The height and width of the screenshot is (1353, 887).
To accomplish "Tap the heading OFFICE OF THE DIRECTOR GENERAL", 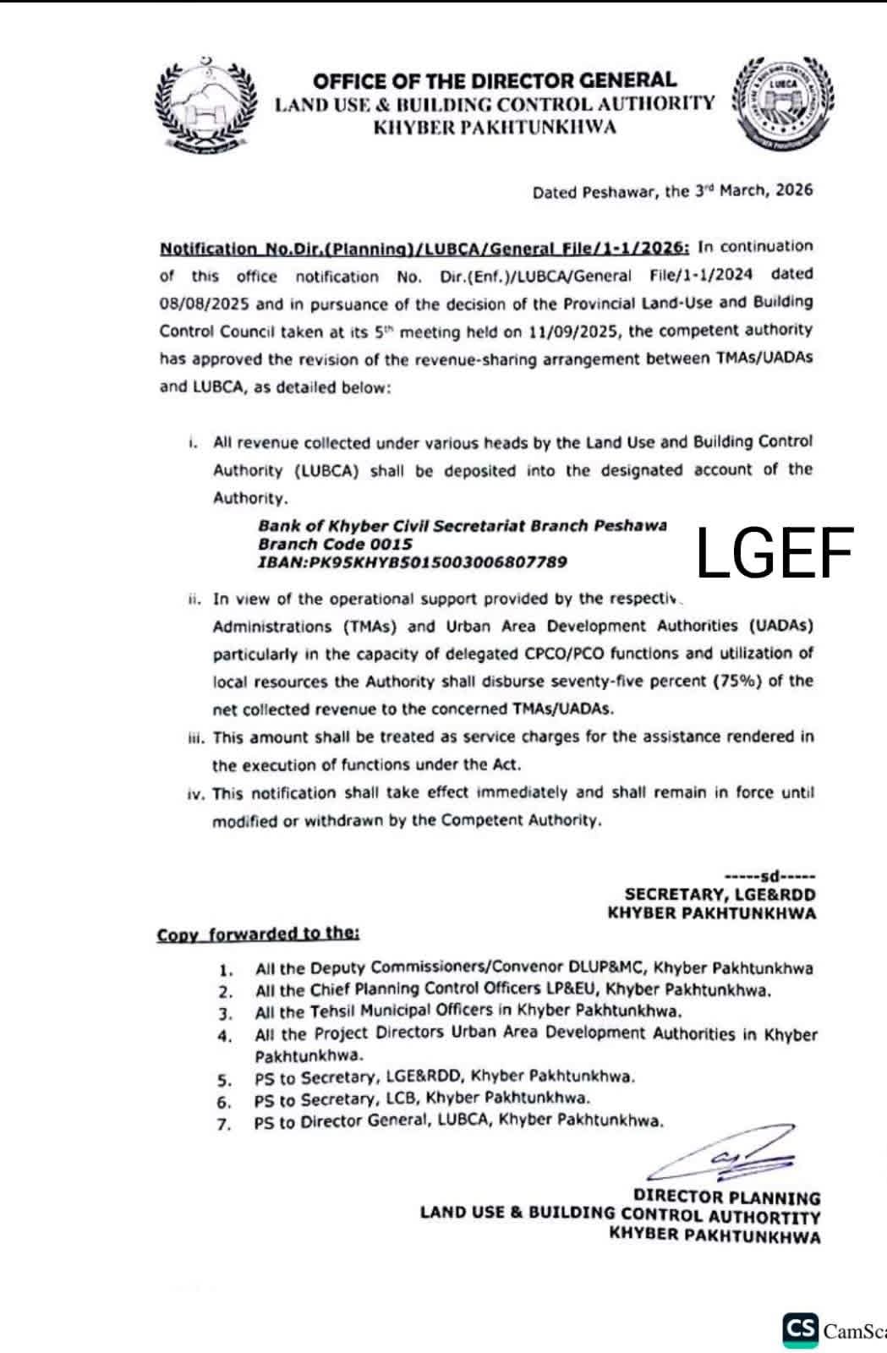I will click(495, 80).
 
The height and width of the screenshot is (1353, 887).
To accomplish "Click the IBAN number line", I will click(413, 562).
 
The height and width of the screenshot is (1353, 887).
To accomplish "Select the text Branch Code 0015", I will click(336, 544).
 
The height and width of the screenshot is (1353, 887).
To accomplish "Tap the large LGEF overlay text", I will click(775, 553).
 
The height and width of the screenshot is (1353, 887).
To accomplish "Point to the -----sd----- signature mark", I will click(769, 876).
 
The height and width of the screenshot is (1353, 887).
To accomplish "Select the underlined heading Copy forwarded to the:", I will click(259, 934).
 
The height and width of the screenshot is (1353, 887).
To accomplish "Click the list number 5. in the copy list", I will click(224, 1080).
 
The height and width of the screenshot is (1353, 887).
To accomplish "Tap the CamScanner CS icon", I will click(800, 1329).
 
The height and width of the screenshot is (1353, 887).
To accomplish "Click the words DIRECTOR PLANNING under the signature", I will click(726, 1197).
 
